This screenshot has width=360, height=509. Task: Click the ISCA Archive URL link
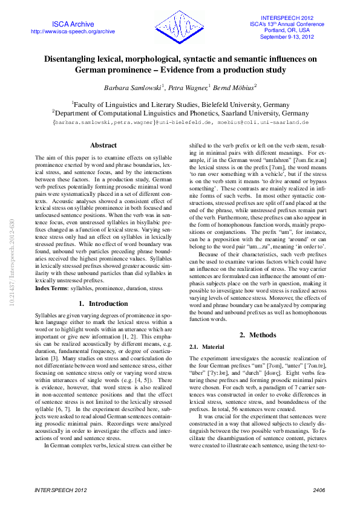[73, 31]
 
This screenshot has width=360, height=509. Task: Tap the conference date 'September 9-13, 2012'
[287, 37]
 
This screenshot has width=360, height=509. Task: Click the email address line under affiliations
[180, 122]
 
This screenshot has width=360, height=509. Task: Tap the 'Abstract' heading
[103, 145]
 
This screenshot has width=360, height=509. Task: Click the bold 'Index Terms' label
[51, 289]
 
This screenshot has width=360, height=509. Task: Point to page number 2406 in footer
[318, 490]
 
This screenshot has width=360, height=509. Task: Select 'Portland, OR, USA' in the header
[287, 30]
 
